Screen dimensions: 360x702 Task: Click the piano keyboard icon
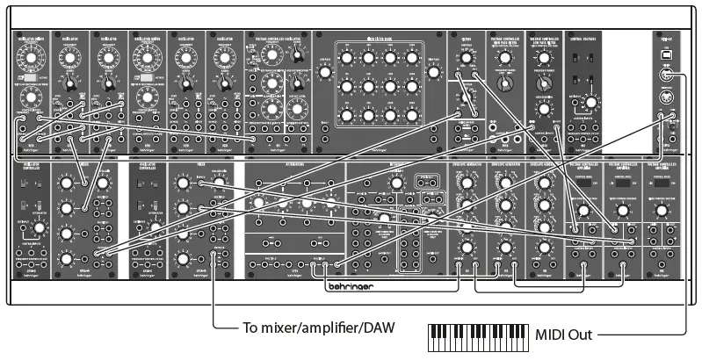pos(478,335)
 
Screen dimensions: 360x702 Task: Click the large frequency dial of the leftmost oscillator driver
pos(29,58)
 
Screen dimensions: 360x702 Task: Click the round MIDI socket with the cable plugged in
pos(669,76)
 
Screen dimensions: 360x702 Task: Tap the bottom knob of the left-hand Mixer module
pos(66,261)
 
